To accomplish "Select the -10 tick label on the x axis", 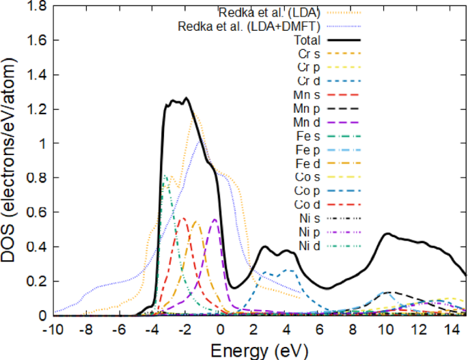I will pos(53,328).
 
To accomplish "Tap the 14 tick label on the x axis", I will pos(450,328).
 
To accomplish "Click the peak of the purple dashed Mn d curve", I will pos(215,219).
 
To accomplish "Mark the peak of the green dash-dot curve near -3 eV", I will pos(165,176).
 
